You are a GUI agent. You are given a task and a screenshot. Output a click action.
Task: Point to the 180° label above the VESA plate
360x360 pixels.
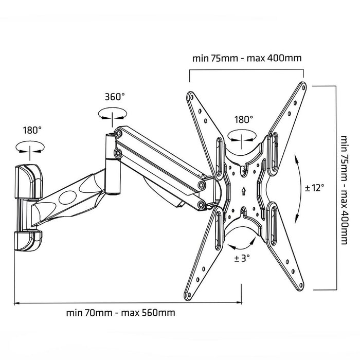243,119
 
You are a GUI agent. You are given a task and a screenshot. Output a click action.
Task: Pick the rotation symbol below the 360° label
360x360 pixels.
112,114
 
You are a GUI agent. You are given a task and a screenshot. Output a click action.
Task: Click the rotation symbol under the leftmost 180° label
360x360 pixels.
29,148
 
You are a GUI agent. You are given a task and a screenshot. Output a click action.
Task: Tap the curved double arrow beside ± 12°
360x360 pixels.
298,188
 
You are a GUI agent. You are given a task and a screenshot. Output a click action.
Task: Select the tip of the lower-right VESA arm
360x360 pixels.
302,287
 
